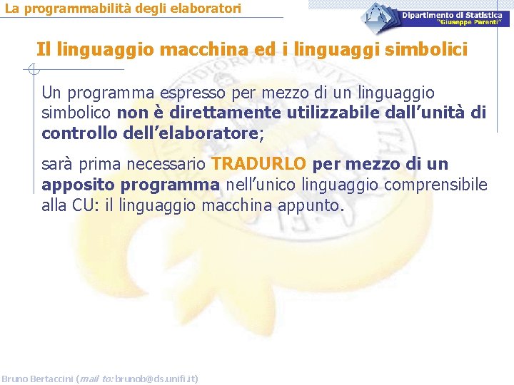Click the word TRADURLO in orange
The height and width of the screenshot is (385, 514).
(259, 164)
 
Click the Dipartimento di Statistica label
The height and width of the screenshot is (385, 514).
(451, 15)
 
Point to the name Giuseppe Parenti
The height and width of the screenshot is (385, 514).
(470, 22)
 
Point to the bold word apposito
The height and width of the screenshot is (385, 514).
(79, 185)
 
